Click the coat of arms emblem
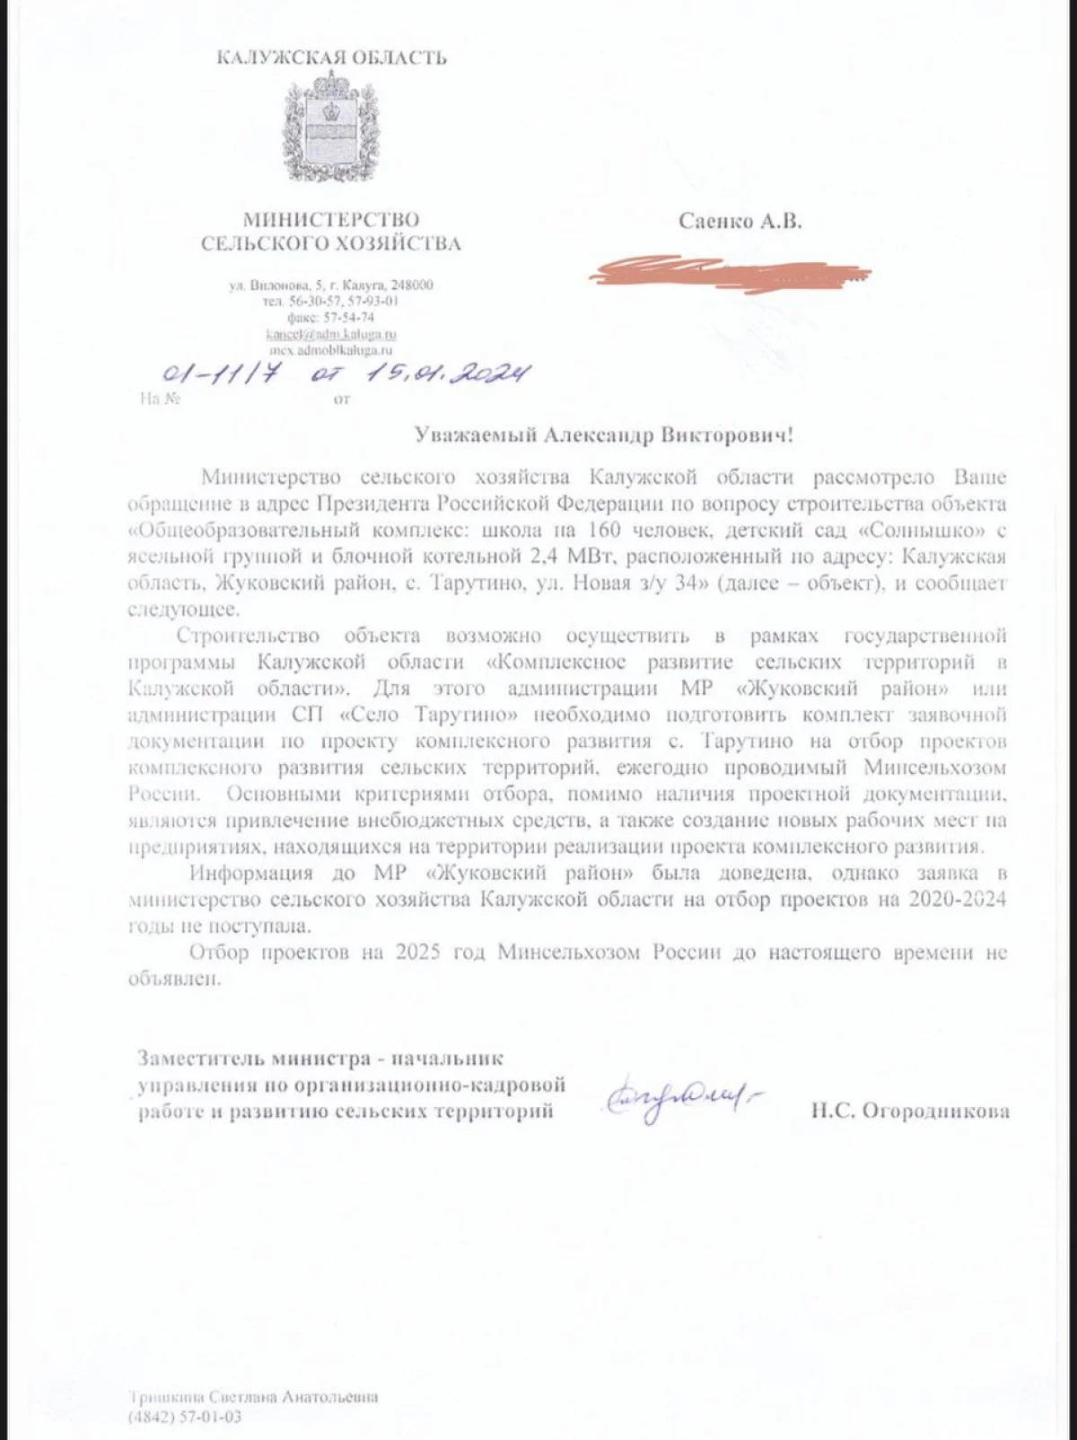coord(331,132)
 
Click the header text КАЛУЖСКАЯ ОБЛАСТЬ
coord(331,58)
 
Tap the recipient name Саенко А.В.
coord(740,221)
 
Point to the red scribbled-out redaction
coord(729,270)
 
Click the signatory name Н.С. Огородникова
coord(909,1111)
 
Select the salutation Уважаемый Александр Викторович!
coord(603,435)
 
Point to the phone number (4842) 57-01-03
coord(186,1418)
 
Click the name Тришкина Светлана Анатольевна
coord(253,1397)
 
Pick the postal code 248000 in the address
coord(412,285)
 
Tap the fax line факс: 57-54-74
coord(330,318)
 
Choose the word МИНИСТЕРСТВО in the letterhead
coord(331,219)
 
